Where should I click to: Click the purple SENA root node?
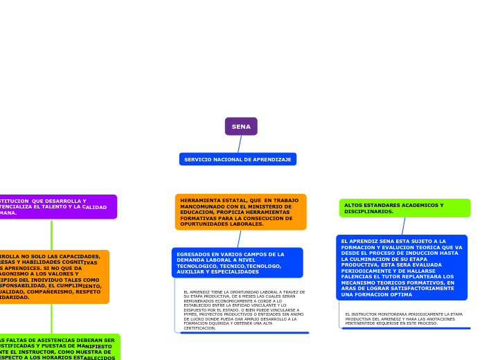click(241, 127)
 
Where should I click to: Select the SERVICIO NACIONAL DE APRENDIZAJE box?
click(238, 159)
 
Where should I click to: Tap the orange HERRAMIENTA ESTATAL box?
click(240, 212)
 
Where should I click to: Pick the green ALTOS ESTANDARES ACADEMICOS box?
click(404, 208)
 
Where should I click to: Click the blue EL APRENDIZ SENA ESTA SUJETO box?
click(402, 268)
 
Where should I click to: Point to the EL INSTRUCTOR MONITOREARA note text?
click(404, 318)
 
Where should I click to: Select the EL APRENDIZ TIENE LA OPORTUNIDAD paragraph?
click(243, 309)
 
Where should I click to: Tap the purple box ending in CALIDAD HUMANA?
click(55, 207)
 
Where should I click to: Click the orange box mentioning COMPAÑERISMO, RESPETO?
click(52, 277)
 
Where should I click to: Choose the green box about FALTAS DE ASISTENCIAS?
click(59, 348)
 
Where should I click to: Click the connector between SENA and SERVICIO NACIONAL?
click(240, 144)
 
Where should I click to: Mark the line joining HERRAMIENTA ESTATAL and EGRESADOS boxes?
click(239, 239)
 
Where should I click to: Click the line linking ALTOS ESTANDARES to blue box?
click(404, 226)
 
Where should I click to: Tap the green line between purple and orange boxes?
click(51, 235)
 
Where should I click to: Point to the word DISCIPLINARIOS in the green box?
click(368, 211)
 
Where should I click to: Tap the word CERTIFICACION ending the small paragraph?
click(200, 328)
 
